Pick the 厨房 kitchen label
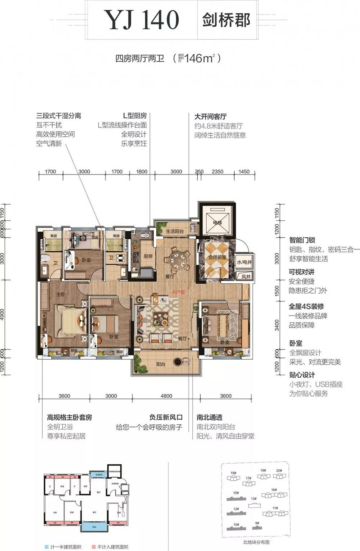(147, 256)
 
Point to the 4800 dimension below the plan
(166, 396)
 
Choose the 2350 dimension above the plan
(218, 172)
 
